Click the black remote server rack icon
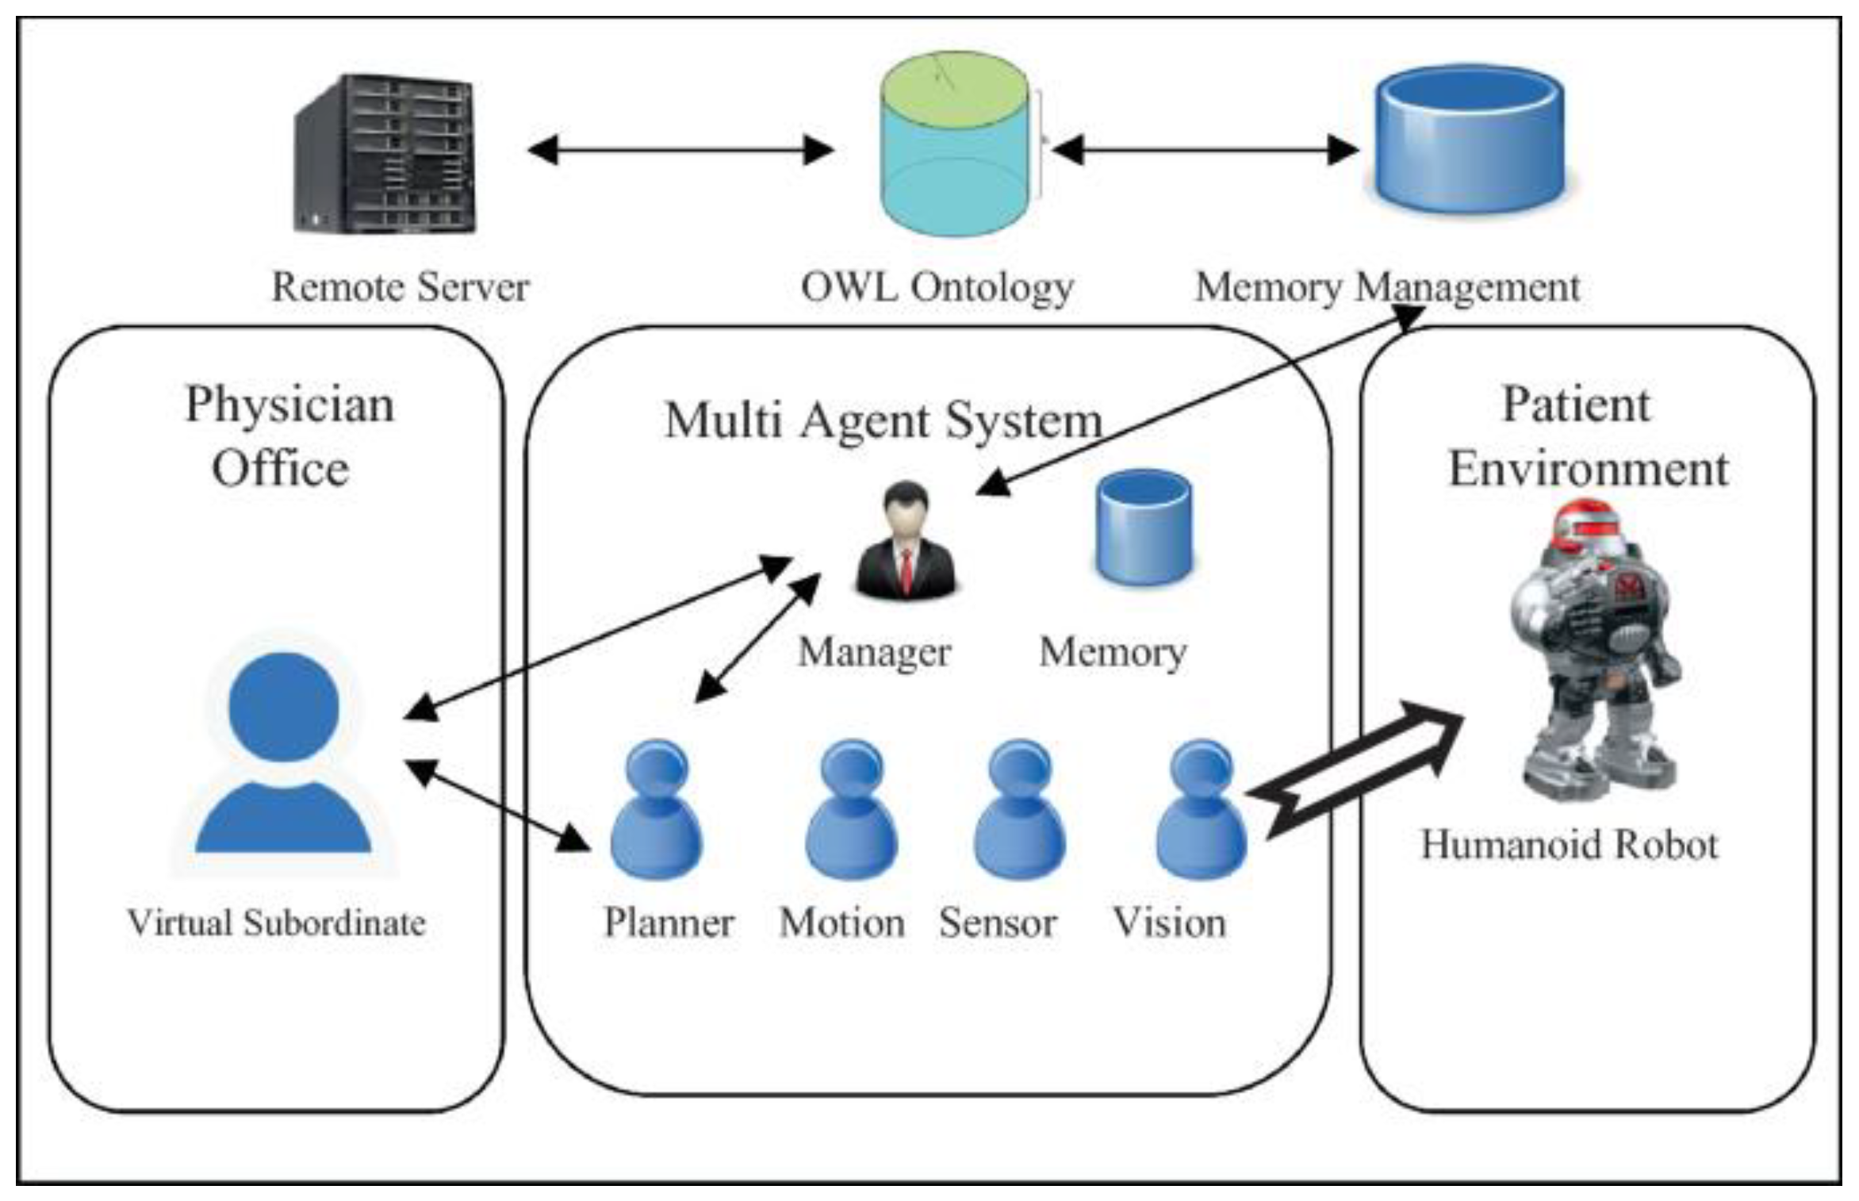(x=385, y=154)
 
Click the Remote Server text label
(x=401, y=287)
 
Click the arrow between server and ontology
(x=680, y=149)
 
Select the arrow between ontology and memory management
(x=1205, y=149)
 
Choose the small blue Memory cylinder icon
(x=1144, y=527)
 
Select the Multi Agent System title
(x=884, y=420)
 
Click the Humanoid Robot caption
(x=1569, y=844)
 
